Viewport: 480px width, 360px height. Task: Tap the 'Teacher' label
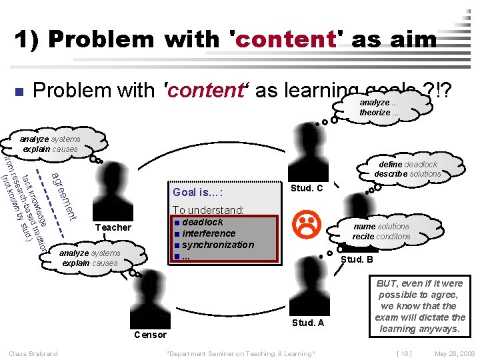click(x=113, y=227)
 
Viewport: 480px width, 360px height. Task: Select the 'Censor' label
click(x=151, y=334)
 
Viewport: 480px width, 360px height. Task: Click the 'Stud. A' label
click(x=308, y=323)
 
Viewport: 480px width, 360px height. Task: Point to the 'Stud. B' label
click(x=357, y=259)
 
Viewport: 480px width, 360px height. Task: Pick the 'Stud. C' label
click(x=308, y=188)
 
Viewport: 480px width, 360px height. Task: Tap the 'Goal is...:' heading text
click(x=197, y=193)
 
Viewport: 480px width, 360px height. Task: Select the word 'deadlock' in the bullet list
click(x=203, y=222)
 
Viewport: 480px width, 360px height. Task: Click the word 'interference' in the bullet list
click(x=209, y=233)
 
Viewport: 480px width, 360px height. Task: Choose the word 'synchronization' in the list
click(x=218, y=245)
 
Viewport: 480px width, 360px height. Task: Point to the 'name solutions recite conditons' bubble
click(x=381, y=231)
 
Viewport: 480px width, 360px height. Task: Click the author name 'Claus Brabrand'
click(x=33, y=353)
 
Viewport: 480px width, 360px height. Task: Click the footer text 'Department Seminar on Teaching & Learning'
click(x=239, y=353)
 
